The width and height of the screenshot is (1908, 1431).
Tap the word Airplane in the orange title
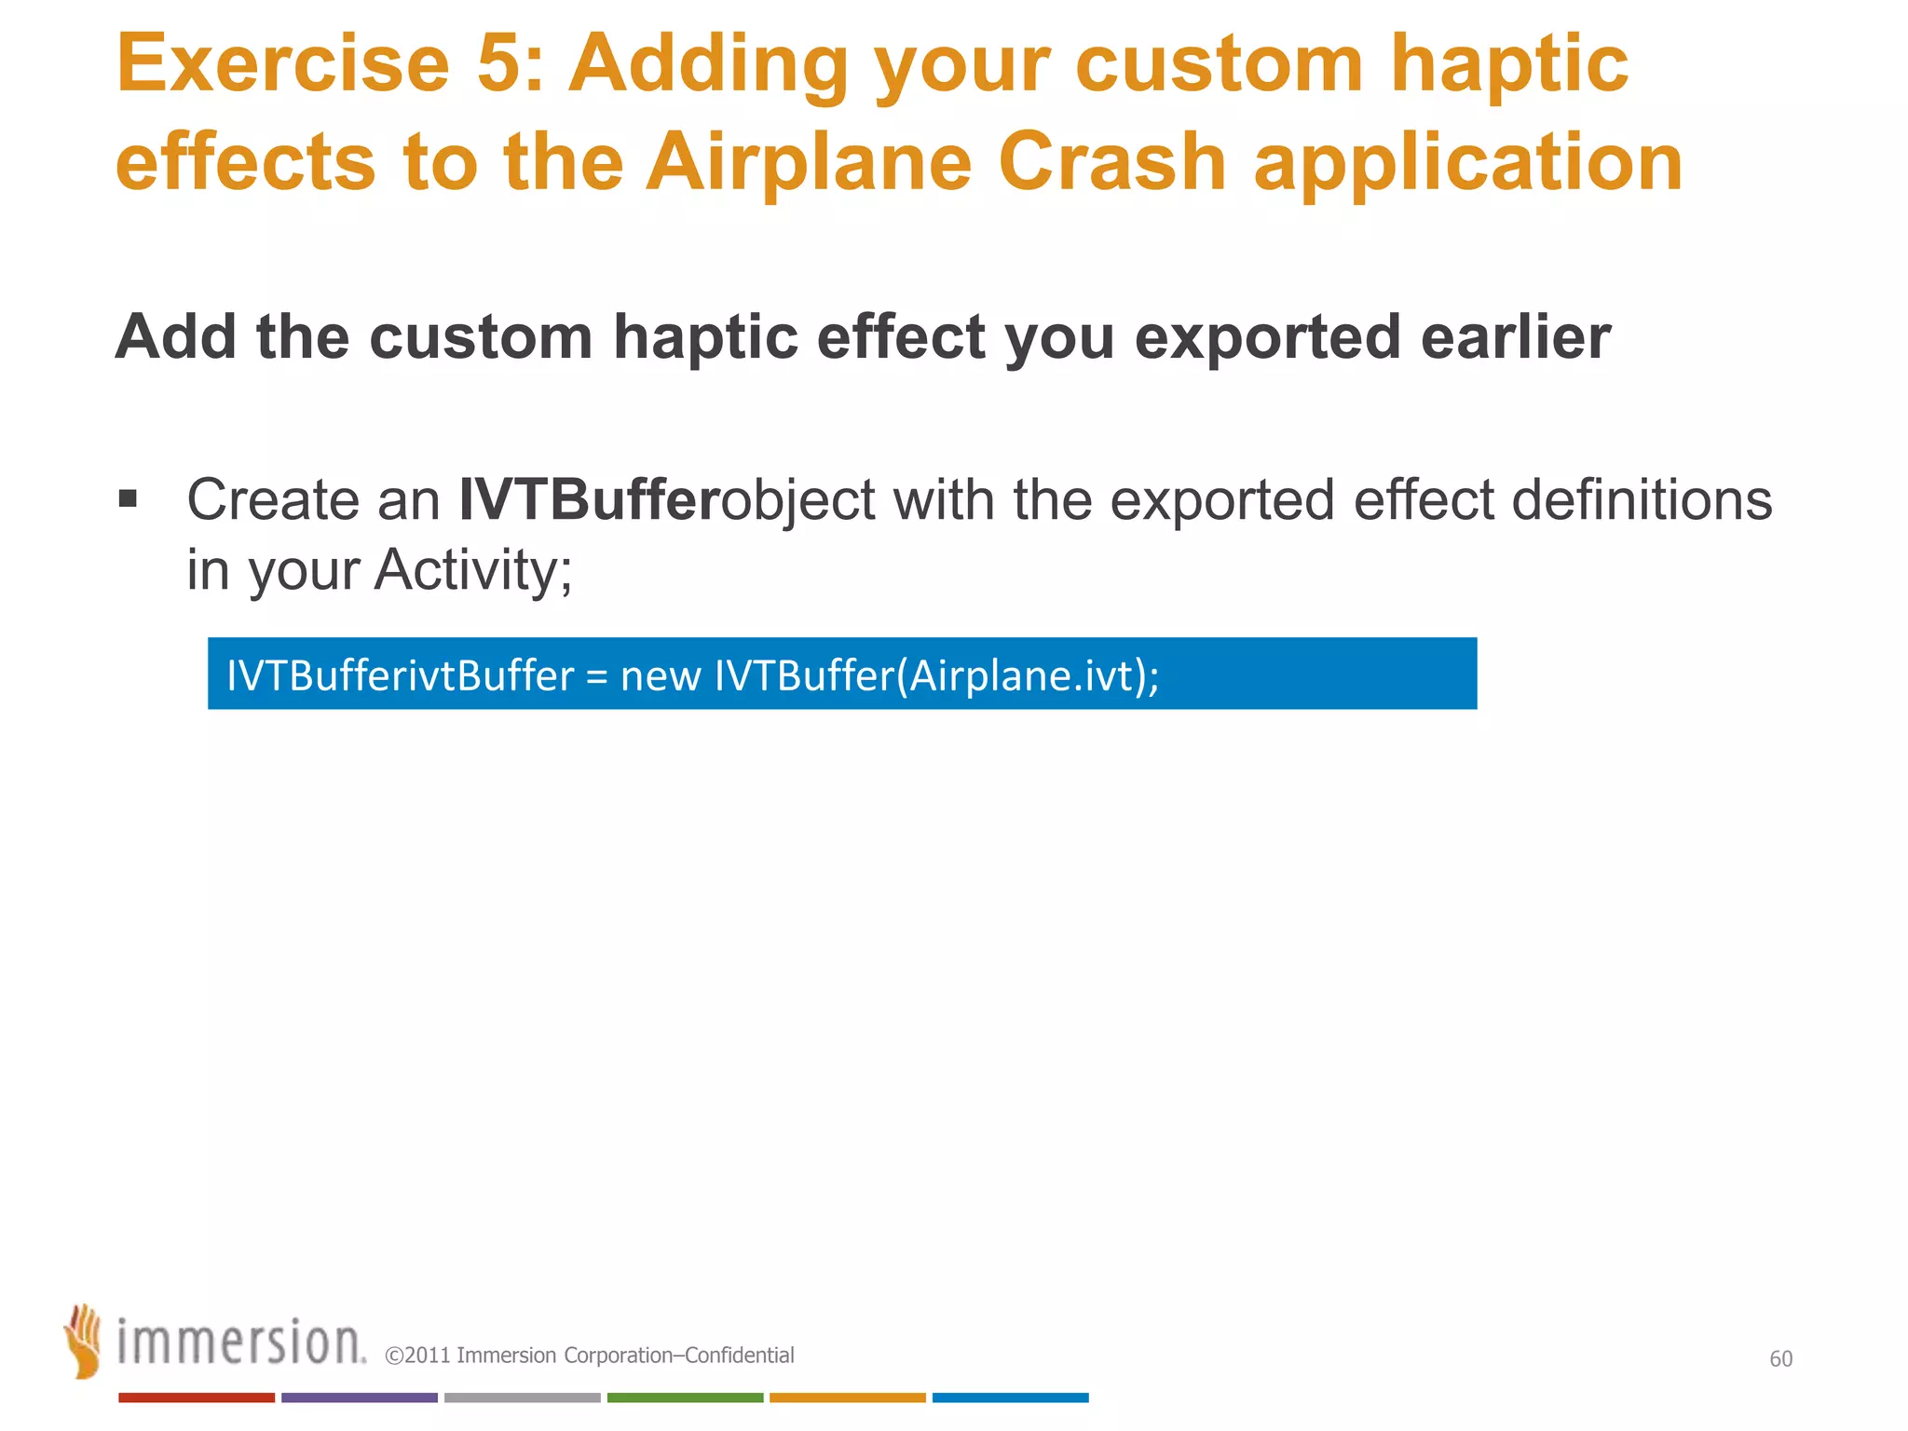[x=809, y=163]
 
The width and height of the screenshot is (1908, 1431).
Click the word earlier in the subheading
[x=1516, y=337]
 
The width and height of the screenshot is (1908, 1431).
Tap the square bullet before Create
[x=129, y=499]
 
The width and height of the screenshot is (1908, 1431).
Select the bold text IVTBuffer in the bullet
[x=589, y=499]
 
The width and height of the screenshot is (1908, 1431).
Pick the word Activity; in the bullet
[x=473, y=570]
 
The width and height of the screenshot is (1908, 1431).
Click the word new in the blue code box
[x=660, y=675]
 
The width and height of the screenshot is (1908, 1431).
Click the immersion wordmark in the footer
[x=240, y=1342]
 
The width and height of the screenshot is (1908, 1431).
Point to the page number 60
[x=1780, y=1359]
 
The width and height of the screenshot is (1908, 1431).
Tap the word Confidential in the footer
[x=740, y=1356]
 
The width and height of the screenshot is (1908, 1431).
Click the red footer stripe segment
[x=197, y=1397]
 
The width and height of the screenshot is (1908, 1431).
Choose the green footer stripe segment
[x=685, y=1397]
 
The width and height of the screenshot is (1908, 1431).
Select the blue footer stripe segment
[x=1010, y=1397]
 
